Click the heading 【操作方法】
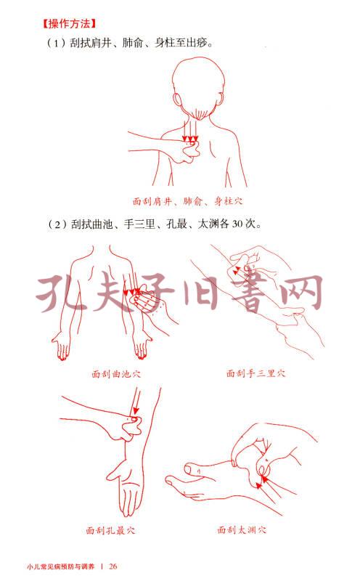(69, 24)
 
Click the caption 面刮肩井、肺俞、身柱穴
(187, 201)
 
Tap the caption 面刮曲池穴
(116, 373)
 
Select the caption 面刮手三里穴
(256, 373)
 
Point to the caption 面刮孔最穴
(110, 531)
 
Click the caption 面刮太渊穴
(242, 530)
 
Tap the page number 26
(113, 566)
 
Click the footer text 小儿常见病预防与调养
(61, 566)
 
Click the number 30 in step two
(237, 224)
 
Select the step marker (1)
(57, 43)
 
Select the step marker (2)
(57, 224)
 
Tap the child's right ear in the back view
(221, 101)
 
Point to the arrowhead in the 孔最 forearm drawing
(136, 410)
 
